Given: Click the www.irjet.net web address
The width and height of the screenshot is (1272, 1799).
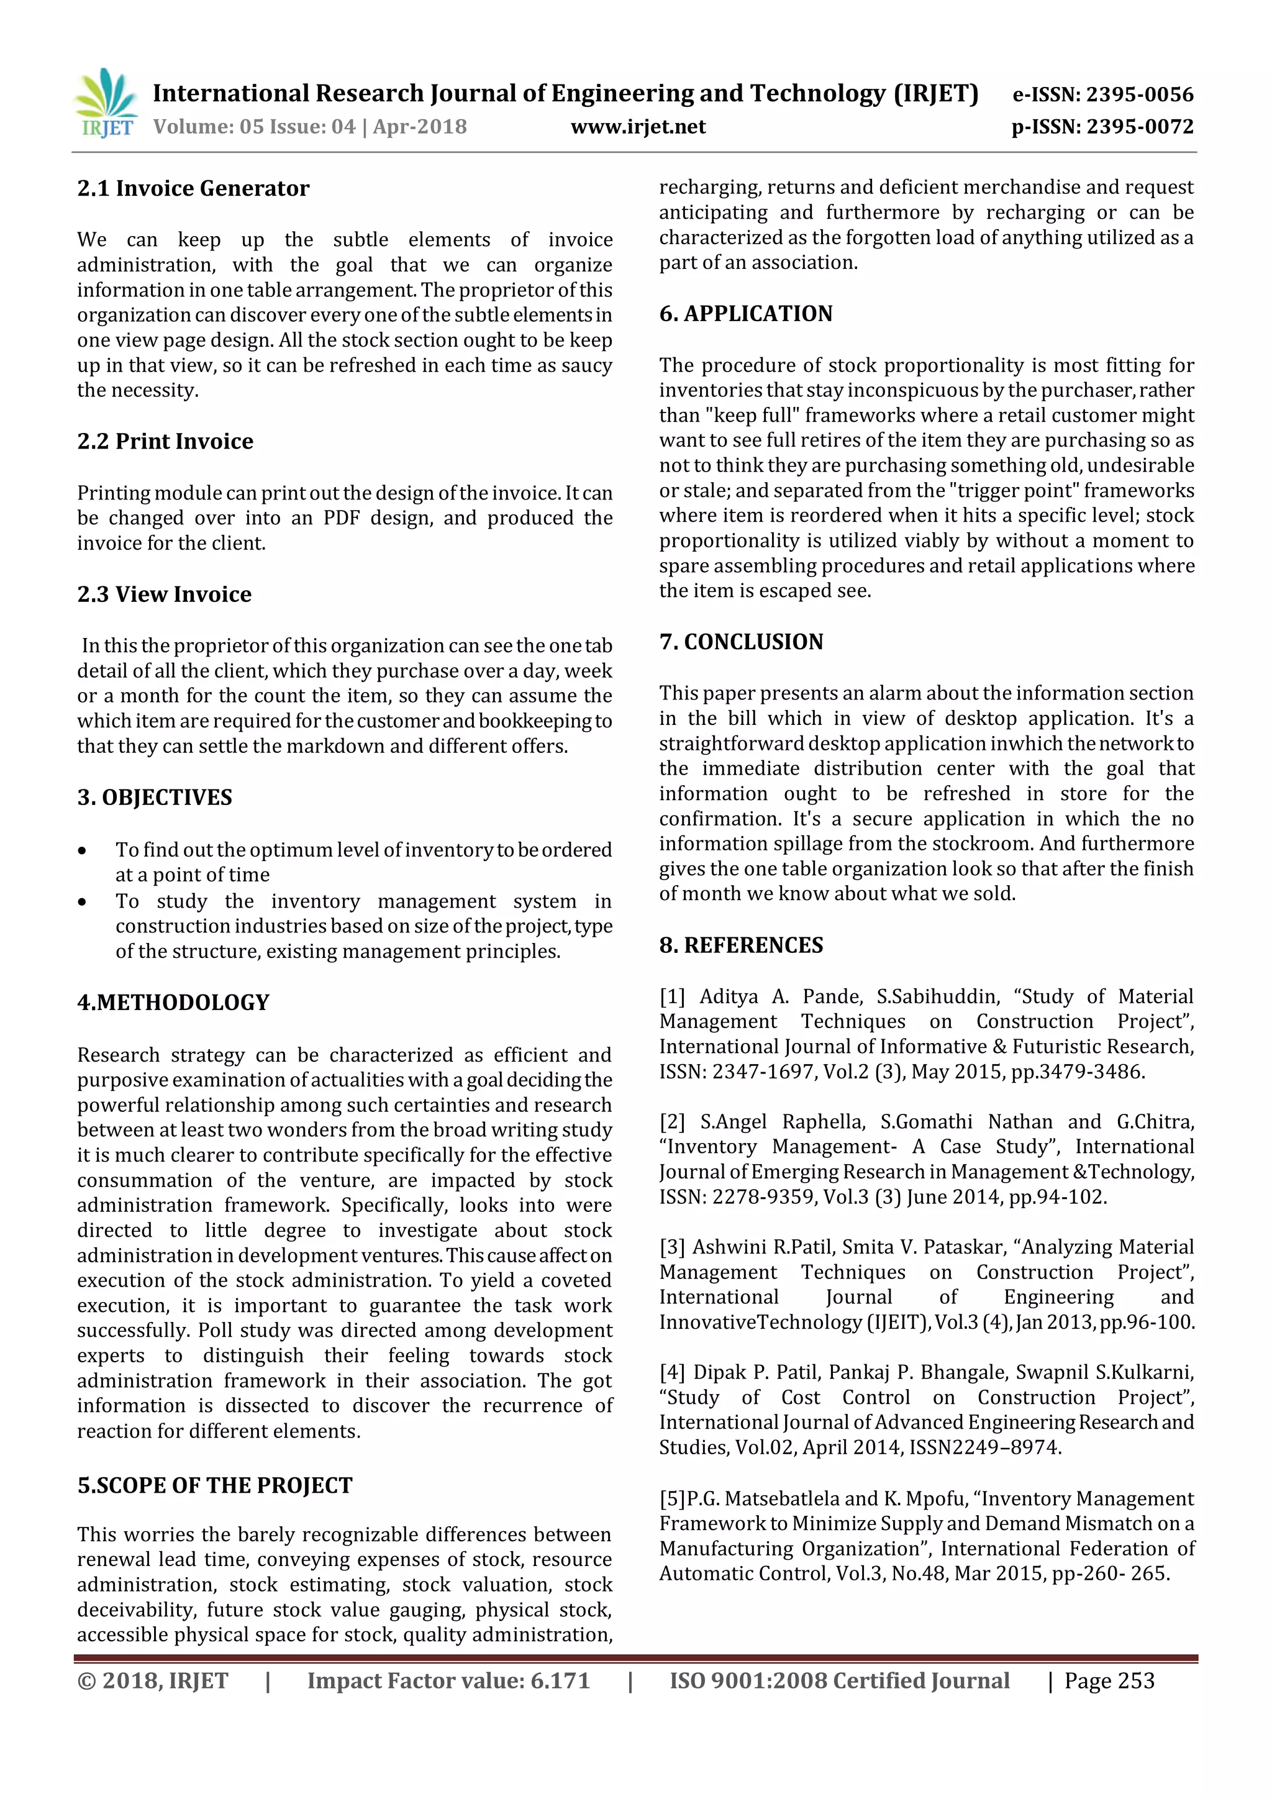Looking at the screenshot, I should click(638, 127).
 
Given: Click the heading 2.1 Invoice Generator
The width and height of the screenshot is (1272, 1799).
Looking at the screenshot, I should click(193, 188).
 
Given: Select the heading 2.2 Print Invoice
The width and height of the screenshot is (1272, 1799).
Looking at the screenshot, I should click(165, 441).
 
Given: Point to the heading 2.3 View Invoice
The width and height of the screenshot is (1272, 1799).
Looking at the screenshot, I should click(164, 594).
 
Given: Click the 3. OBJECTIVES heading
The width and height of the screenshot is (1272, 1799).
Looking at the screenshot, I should click(154, 797).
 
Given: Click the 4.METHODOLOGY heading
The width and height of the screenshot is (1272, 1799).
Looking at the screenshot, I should click(173, 1002).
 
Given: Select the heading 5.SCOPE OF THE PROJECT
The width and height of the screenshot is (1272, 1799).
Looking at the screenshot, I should click(215, 1485).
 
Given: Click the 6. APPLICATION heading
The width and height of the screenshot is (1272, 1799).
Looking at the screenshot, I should click(746, 314).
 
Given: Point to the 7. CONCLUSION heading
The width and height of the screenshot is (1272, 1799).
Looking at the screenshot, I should click(741, 642).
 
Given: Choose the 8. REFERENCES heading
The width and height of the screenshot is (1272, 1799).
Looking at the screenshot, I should click(741, 945).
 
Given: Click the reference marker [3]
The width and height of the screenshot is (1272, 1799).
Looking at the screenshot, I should click(672, 1247).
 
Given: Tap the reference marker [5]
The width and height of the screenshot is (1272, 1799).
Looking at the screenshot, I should click(672, 1498).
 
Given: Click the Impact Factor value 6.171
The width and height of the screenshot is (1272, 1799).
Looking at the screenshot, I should click(559, 1681).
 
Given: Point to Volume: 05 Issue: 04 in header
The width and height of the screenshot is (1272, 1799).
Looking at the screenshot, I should click(255, 127).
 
